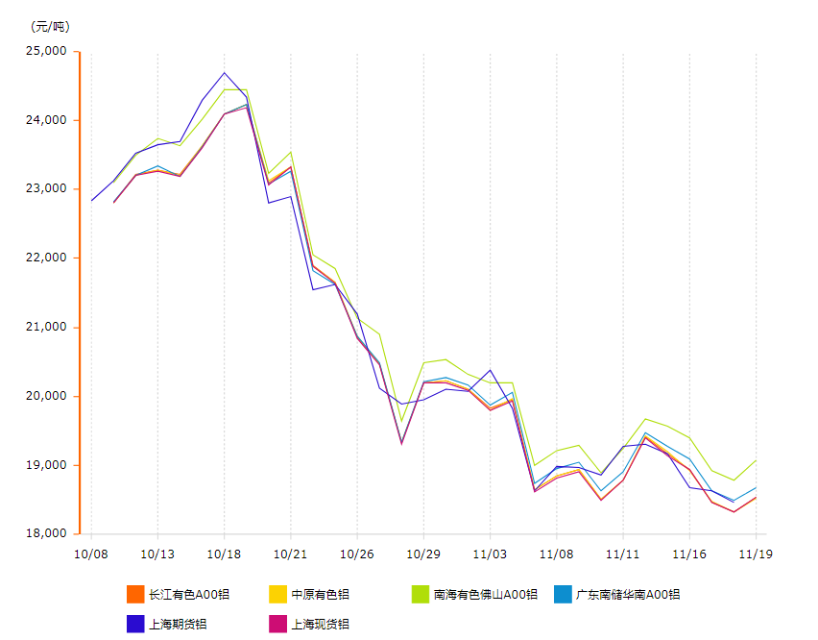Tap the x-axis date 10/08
click(x=90, y=554)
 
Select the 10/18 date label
click(x=224, y=554)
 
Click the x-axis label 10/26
click(x=356, y=554)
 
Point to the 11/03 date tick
click(x=490, y=554)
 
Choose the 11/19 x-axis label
click(x=756, y=554)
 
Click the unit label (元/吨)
click(x=50, y=26)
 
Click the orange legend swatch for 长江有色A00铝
click(x=135, y=594)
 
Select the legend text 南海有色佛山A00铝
click(x=485, y=595)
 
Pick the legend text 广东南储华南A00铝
click(x=627, y=595)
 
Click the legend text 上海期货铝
click(x=178, y=624)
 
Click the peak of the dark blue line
click(x=225, y=73)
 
